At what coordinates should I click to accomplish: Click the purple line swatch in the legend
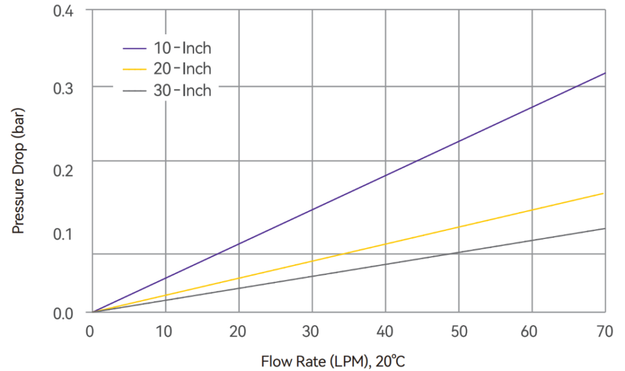[135, 48]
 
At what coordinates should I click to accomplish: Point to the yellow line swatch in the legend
[135, 68]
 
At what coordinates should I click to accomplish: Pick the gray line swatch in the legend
[135, 90]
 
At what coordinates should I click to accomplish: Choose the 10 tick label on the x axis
[165, 332]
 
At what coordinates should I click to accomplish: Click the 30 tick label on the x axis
[312, 332]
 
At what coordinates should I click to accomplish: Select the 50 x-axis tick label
[458, 332]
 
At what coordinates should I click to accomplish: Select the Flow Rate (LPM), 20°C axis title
[333, 361]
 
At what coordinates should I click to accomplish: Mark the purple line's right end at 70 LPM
[604, 73]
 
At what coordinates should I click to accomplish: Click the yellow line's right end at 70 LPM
[604, 193]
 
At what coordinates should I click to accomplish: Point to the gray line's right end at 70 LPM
[604, 229]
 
